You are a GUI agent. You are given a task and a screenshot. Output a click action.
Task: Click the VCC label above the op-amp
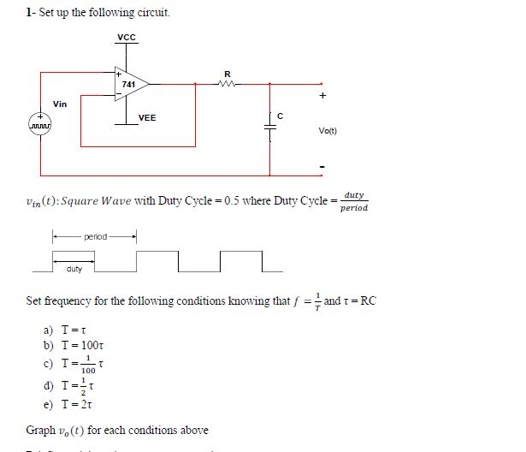click(x=127, y=38)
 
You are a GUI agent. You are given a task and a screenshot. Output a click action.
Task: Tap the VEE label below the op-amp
click(x=147, y=117)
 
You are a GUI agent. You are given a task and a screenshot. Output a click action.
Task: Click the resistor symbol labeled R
click(x=227, y=83)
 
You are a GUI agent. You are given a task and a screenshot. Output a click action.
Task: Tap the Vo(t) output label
click(x=328, y=132)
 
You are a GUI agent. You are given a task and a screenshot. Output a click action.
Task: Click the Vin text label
click(x=60, y=104)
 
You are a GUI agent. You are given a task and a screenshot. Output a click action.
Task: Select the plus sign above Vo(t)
click(x=322, y=98)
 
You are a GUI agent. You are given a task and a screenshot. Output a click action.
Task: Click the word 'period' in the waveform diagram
click(x=96, y=235)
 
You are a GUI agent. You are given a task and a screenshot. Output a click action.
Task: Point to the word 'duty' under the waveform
click(x=74, y=271)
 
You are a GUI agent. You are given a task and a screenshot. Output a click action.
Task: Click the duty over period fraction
click(x=354, y=201)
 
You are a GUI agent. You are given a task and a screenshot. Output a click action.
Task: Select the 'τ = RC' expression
click(x=358, y=301)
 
